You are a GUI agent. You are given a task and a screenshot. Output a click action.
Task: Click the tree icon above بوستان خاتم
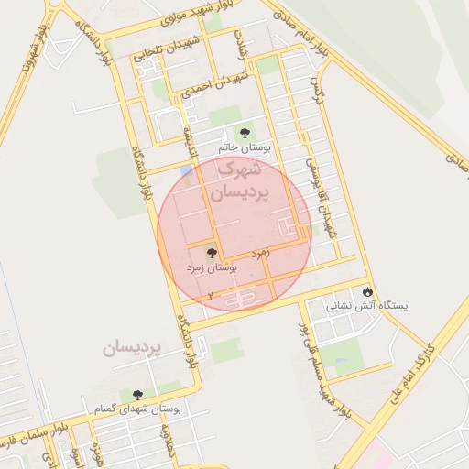tap(244, 133)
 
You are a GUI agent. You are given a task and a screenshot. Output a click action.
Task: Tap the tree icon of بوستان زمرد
tap(212, 253)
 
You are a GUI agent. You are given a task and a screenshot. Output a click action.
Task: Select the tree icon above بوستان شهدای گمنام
tap(137, 395)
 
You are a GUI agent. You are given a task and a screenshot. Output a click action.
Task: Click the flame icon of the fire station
tap(368, 290)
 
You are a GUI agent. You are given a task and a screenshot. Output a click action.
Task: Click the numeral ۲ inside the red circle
tap(210, 296)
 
